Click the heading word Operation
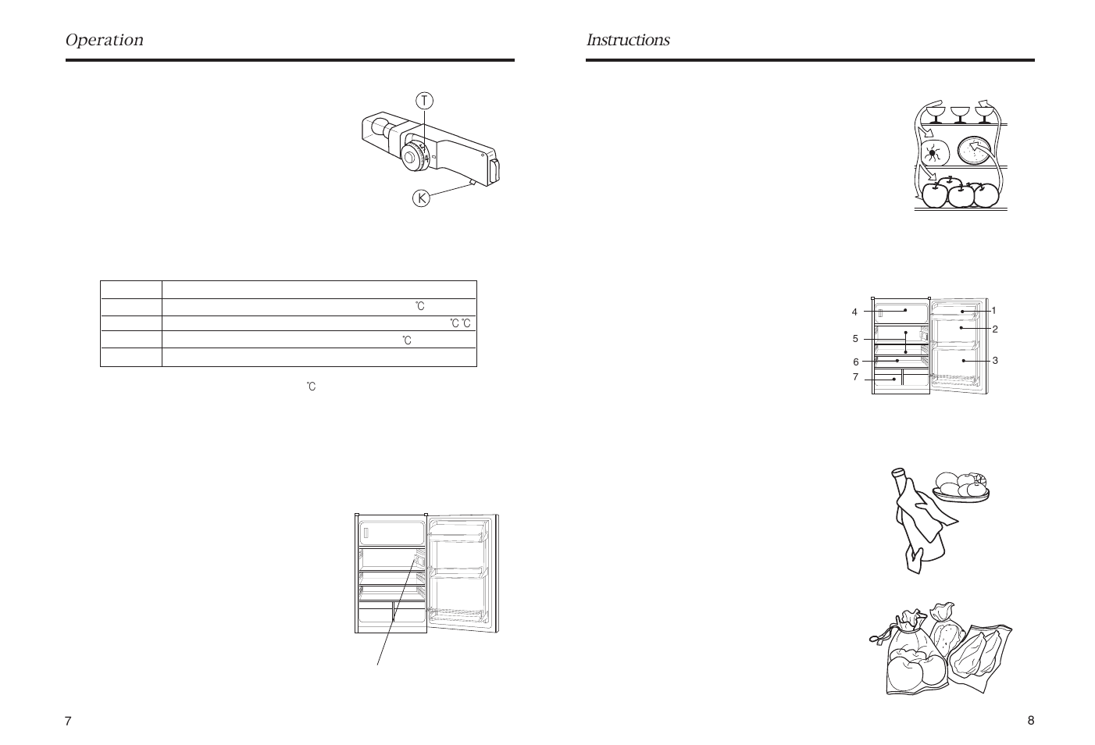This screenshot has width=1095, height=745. tap(104, 40)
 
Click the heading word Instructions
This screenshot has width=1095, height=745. tap(628, 40)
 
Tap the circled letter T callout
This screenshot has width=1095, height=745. tap(424, 101)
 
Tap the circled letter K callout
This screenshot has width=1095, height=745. tap(422, 198)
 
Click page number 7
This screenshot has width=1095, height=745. tap(68, 721)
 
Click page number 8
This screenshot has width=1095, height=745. tap(1030, 720)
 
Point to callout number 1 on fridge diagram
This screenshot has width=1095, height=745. tap(993, 311)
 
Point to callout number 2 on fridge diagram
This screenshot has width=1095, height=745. tap(995, 329)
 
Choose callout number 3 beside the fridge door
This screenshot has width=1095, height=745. tap(995, 361)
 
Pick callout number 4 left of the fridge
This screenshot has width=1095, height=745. tap(854, 312)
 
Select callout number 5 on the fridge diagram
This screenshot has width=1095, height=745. tap(855, 339)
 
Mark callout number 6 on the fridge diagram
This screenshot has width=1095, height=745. tap(855, 362)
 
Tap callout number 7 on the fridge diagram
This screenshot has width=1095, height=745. tap(855, 377)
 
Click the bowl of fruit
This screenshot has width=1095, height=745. tap(961, 487)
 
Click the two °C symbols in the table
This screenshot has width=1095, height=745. tap(460, 323)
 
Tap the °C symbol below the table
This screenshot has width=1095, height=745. tap(312, 387)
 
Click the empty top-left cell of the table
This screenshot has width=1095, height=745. tap(131, 290)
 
